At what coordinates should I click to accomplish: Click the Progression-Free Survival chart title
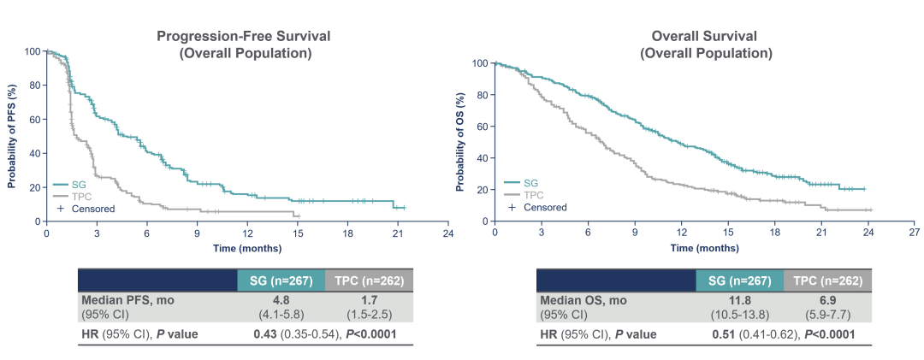click(x=244, y=37)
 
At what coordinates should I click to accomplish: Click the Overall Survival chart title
click(x=706, y=37)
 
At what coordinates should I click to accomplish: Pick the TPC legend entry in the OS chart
click(x=531, y=195)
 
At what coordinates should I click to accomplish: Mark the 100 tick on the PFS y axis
click(x=33, y=51)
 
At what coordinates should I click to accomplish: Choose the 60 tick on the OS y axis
click(x=483, y=127)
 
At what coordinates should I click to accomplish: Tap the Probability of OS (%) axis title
click(x=462, y=142)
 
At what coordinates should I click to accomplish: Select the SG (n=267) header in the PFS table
click(x=281, y=280)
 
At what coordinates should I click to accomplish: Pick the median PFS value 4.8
click(x=281, y=300)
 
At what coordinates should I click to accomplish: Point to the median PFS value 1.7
click(x=369, y=300)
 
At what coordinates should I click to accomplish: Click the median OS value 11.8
click(x=739, y=300)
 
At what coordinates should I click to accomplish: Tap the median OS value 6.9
click(x=827, y=300)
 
